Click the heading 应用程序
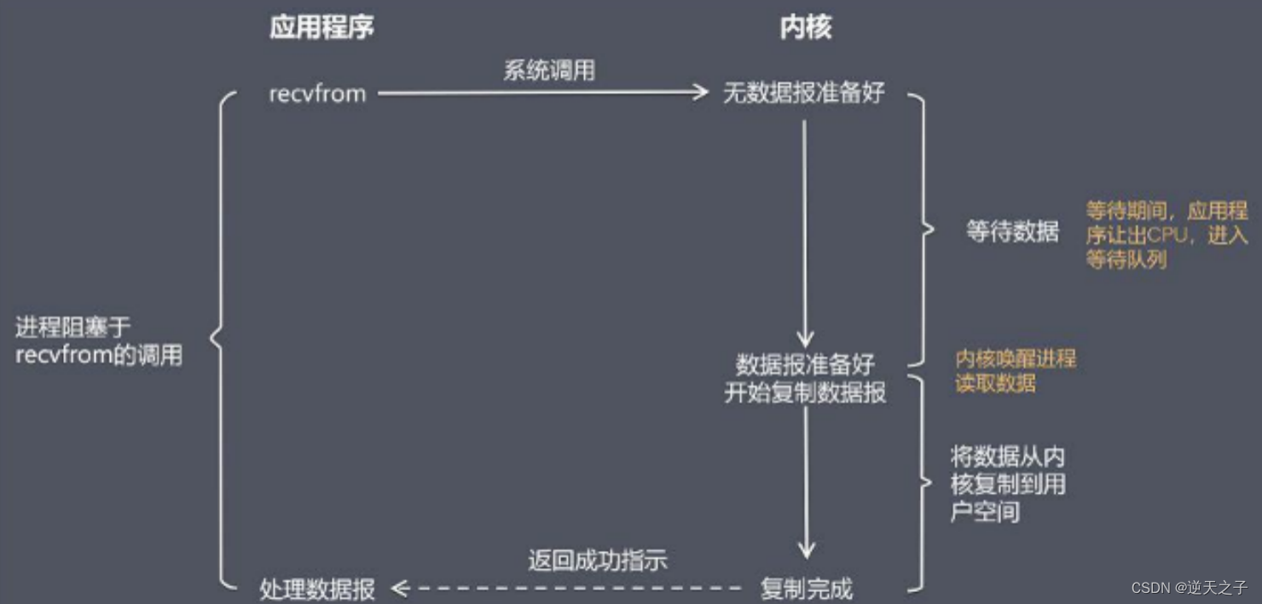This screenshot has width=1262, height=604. [321, 27]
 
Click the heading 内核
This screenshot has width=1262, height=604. [805, 27]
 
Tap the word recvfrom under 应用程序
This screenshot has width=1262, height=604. [317, 93]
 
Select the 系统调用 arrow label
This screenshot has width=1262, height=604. [548, 71]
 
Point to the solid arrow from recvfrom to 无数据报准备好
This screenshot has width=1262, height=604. [542, 93]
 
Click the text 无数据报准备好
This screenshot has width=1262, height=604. [804, 93]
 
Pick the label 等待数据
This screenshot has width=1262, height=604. [1012, 231]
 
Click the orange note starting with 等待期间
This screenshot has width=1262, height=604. [1166, 235]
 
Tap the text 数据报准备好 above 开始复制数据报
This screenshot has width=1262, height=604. [805, 364]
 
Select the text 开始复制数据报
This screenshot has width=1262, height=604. [805, 392]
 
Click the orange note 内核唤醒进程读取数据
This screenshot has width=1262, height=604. [1015, 370]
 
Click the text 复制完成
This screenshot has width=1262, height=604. [806, 588]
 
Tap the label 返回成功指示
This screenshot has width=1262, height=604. [597, 560]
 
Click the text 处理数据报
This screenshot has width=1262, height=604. [316, 589]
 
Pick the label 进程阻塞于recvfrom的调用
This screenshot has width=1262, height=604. [99, 340]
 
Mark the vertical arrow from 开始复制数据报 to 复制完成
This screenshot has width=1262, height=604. [806, 482]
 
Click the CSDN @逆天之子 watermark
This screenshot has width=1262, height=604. [1189, 588]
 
